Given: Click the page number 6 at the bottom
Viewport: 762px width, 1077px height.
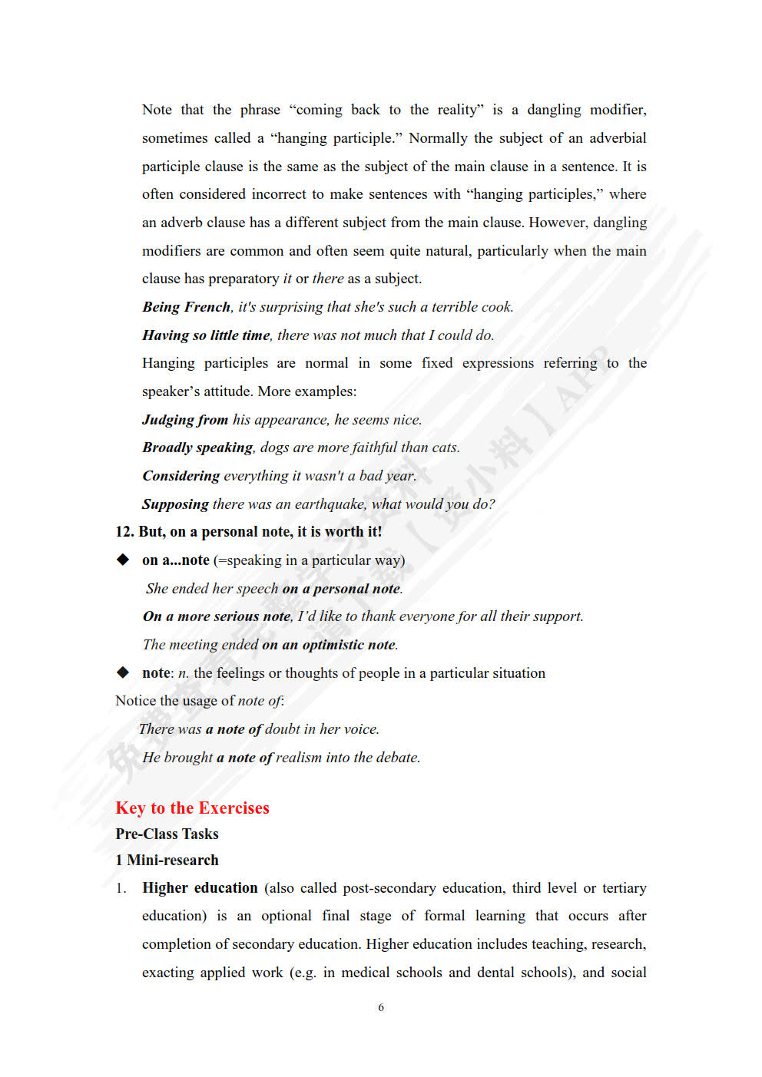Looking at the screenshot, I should (x=381, y=1007).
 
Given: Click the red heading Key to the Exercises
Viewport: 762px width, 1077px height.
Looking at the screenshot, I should (x=192, y=808).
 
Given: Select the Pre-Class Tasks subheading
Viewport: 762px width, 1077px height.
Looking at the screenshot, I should (x=167, y=834).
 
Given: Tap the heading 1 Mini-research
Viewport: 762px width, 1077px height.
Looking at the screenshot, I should (x=167, y=860).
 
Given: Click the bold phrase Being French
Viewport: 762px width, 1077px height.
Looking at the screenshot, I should (x=186, y=307).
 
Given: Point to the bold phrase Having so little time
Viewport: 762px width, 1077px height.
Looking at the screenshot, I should (x=206, y=335).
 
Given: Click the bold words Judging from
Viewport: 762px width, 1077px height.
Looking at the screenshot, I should (x=185, y=420).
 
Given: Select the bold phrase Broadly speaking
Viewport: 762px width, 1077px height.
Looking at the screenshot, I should (x=197, y=448).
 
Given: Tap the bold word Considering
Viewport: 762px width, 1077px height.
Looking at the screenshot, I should (x=181, y=476).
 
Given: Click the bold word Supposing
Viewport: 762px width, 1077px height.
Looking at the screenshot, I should (x=175, y=504).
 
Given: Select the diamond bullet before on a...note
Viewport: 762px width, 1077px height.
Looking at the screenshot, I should (x=123, y=560).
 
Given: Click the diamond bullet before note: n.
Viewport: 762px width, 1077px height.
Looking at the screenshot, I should (x=123, y=672).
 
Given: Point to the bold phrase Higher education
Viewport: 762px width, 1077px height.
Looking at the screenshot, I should (x=200, y=888).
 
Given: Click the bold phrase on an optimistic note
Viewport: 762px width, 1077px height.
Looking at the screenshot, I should (x=329, y=645).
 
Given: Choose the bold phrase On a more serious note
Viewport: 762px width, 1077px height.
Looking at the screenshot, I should (x=217, y=616).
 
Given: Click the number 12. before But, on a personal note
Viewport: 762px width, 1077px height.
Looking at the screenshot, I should (x=125, y=532).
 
